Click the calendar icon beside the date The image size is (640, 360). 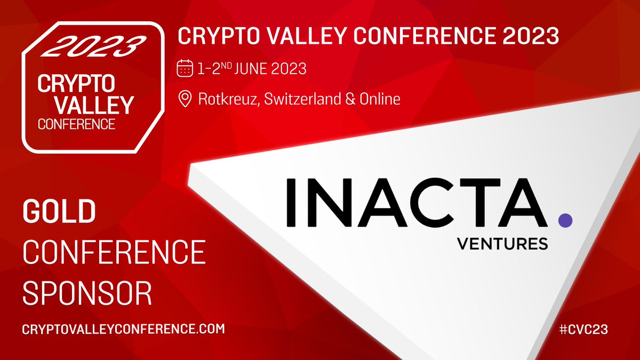[185, 69]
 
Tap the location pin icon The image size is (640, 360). [185, 99]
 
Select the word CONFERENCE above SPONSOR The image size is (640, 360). [114, 253]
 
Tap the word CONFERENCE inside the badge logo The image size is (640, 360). [76, 124]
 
